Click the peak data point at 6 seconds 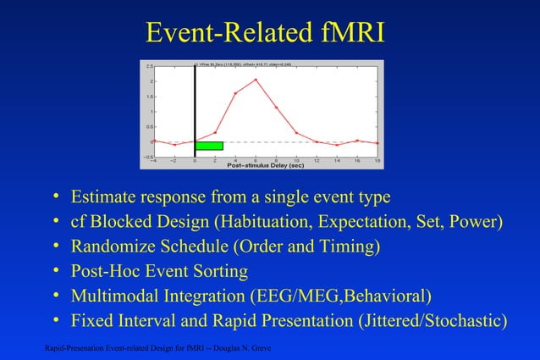click(x=256, y=80)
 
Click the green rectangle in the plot click(x=209, y=146)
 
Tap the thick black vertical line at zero click(x=195, y=110)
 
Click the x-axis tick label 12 click(x=317, y=159)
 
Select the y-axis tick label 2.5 click(x=149, y=65)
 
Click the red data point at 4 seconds click(x=235, y=93)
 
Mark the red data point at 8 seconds click(x=276, y=108)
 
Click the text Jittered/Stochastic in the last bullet click(x=432, y=321)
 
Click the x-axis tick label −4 click(x=153, y=159)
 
